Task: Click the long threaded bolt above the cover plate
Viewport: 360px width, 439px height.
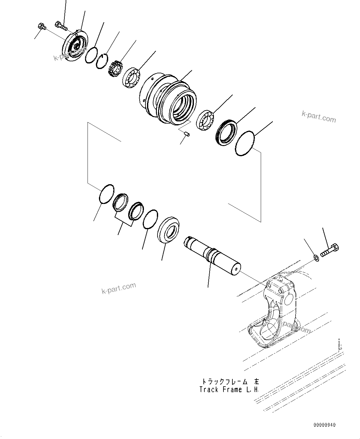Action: (x=62, y=26)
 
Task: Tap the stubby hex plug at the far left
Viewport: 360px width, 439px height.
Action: (x=41, y=26)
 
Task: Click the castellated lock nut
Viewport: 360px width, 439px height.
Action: (x=115, y=69)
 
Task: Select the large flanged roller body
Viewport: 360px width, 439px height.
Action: (x=166, y=99)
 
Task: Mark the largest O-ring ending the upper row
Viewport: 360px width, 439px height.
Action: (x=245, y=144)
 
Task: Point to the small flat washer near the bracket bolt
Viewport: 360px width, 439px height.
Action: (x=316, y=258)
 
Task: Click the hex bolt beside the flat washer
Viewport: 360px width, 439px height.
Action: (x=330, y=250)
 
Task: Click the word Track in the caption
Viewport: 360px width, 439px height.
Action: (x=209, y=390)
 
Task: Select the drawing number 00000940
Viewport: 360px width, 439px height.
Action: (x=325, y=425)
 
